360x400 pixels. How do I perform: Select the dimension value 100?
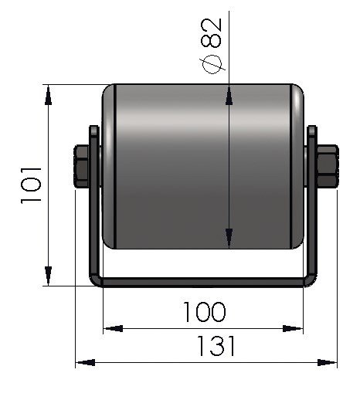205,312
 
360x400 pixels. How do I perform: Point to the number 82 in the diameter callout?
214,32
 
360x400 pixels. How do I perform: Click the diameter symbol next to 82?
214,66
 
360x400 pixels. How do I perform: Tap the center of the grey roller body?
203,166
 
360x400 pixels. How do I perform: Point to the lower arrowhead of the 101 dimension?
49,276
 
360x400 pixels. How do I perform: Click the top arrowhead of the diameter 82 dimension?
229,95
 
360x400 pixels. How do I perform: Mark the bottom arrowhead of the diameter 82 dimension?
229,239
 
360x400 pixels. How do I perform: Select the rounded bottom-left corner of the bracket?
96,279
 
